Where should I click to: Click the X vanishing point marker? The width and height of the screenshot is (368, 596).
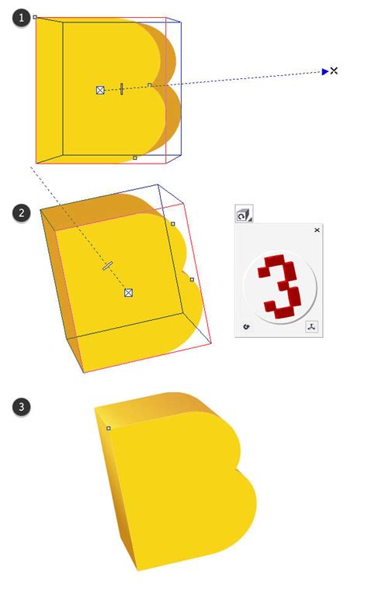tap(334, 71)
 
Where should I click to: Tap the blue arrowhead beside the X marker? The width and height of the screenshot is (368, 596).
tap(325, 71)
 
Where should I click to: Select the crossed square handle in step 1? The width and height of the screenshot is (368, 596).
tap(99, 91)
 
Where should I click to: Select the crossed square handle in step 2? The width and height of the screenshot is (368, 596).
tap(129, 292)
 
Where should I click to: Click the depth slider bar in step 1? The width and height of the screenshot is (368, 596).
tap(122, 88)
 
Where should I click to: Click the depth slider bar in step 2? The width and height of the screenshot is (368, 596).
tap(107, 266)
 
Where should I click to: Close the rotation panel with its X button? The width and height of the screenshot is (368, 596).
tap(317, 230)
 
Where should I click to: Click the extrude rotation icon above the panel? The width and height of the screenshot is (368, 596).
tap(244, 215)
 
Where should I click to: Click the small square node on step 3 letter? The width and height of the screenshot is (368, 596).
tap(108, 428)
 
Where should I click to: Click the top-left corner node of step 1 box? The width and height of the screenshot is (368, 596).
tap(36, 16)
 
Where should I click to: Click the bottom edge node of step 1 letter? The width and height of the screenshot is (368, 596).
tap(134, 157)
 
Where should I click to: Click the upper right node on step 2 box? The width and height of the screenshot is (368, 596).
tap(172, 224)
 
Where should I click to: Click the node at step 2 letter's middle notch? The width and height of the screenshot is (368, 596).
tap(192, 279)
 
